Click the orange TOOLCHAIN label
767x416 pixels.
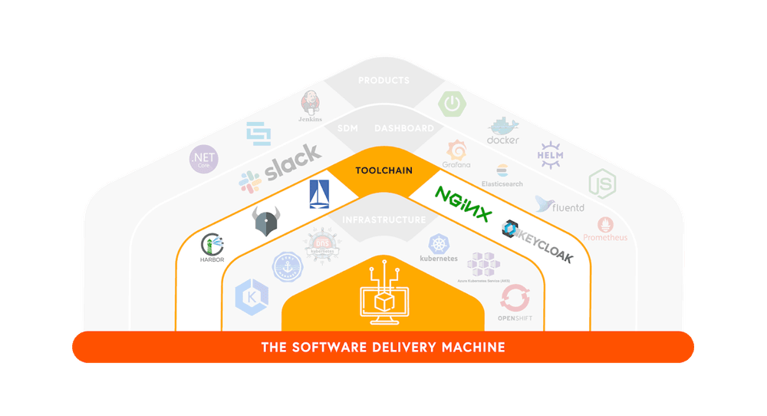(x=383, y=170)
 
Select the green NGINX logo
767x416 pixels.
(x=463, y=204)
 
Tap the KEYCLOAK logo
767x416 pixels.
(x=538, y=241)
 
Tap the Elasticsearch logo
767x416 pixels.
(x=502, y=175)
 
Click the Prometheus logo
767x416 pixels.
(x=605, y=229)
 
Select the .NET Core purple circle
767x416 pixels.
(x=205, y=160)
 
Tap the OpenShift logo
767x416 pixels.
(x=514, y=302)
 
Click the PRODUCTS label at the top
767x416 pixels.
(x=383, y=81)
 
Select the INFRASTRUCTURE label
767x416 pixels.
(x=383, y=220)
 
